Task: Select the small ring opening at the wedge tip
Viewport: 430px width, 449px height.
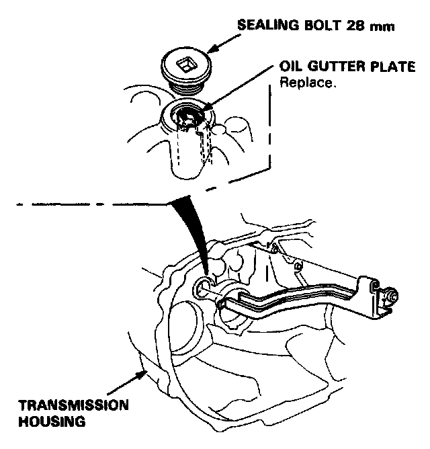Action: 202,288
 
